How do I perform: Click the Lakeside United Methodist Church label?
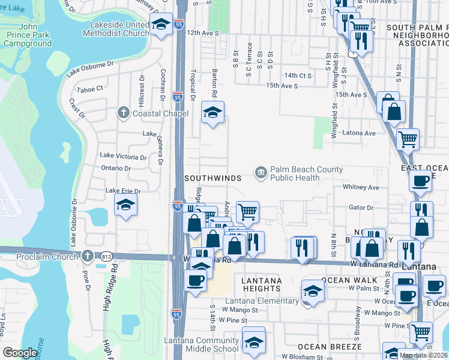pos(119,29)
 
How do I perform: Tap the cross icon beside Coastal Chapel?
pos(124,113)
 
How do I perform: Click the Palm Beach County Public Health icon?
pos(261,173)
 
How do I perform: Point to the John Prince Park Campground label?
pos(27,35)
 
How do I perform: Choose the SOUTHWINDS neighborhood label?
pos(212,178)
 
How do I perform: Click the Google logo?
pos(20,352)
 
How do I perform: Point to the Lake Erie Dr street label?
pos(122,191)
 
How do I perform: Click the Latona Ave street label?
pos(358,133)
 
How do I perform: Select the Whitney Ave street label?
pos(361,187)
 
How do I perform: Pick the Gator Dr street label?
pos(361,208)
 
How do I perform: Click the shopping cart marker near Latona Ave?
pos(408,139)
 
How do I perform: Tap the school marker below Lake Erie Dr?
pos(125,206)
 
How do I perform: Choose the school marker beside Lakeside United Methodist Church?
pos(160,25)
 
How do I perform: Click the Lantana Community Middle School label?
pos(201,344)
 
